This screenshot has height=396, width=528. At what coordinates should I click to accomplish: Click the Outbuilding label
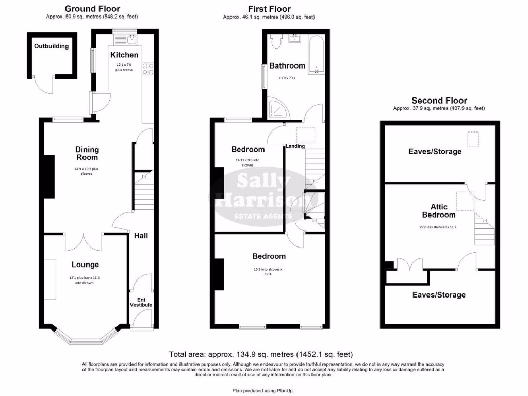51,46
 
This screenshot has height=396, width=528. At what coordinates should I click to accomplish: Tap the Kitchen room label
124,55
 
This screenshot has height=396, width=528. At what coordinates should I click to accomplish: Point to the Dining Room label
87,154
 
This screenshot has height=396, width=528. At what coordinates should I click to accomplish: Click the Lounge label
85,265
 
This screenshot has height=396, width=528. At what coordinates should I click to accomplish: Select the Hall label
141,235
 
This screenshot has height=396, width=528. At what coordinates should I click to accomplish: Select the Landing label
296,146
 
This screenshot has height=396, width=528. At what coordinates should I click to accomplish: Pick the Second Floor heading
439,101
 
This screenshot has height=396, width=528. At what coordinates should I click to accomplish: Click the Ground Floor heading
92,9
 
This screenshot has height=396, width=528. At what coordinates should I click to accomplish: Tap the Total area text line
261,354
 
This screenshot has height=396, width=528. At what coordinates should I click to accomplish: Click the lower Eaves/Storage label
439,295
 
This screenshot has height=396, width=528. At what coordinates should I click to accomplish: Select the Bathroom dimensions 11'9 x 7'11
287,78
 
